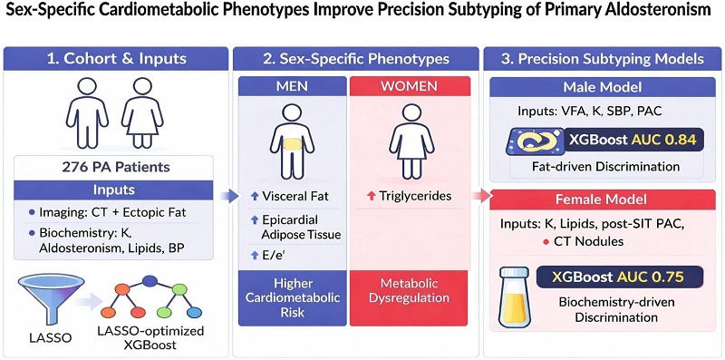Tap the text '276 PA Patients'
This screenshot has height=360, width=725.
pos(113,168)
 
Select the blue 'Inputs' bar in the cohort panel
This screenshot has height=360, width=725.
pos(113,190)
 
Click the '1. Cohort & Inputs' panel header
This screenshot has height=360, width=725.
pos(116,59)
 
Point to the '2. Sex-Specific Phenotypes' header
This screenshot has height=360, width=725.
pos(353,59)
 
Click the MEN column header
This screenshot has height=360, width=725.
pos(292,86)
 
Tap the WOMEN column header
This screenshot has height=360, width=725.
pos(410,86)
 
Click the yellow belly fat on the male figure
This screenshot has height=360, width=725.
pos(293,145)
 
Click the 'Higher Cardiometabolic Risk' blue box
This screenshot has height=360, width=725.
pos(292,297)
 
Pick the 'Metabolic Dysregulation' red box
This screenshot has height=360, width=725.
pos(410,297)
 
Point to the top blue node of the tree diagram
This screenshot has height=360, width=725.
pos(150,280)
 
